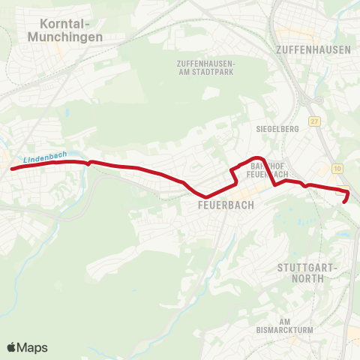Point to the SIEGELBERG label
(278, 128)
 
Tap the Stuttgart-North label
(309, 272)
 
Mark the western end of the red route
(12, 169)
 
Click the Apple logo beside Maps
(11, 347)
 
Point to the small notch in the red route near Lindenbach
(89, 161)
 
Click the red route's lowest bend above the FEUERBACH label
(206, 197)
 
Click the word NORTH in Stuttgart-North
(309, 277)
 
